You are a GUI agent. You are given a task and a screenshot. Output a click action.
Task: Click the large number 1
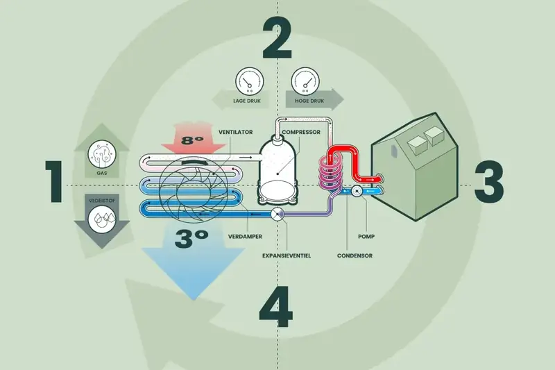[x=55, y=182]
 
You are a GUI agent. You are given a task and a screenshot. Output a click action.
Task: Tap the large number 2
[x=277, y=38]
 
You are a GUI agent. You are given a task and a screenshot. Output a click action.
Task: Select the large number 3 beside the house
[x=489, y=182]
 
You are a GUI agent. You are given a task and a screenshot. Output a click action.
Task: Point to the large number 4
[x=276, y=307]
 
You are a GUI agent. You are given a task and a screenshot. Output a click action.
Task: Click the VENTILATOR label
[x=236, y=132]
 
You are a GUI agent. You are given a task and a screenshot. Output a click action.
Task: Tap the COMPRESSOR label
[x=301, y=132]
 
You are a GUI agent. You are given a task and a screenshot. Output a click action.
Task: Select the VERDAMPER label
[x=245, y=237]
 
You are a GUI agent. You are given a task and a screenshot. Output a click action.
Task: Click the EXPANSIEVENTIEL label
[x=287, y=255]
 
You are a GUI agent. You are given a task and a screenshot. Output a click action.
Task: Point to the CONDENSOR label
[x=355, y=255]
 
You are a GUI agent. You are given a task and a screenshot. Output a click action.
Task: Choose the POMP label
[x=366, y=237]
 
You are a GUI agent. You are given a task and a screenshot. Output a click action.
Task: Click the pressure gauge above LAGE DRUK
[x=250, y=81]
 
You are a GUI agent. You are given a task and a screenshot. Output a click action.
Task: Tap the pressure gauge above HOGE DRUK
[x=305, y=81]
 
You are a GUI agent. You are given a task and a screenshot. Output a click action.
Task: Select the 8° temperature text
[x=193, y=140]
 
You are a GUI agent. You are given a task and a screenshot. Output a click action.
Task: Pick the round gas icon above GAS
[x=102, y=154]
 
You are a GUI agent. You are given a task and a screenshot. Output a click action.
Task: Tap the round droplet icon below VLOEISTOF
[x=102, y=219]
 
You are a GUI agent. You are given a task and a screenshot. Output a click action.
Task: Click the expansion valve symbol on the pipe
[x=277, y=214]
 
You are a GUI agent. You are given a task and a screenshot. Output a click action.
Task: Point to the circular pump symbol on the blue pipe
[x=357, y=192]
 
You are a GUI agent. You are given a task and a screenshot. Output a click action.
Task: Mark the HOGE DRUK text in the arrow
[x=309, y=101]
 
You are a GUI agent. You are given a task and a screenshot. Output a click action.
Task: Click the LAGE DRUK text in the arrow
[x=247, y=101]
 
